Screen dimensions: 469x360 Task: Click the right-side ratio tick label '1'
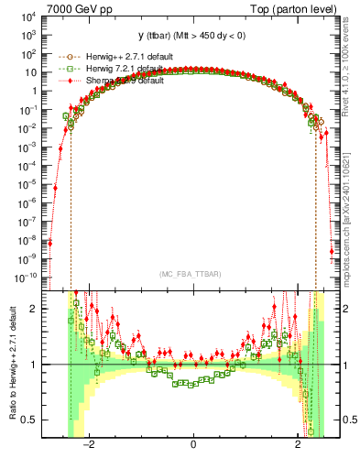coord(348,365)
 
